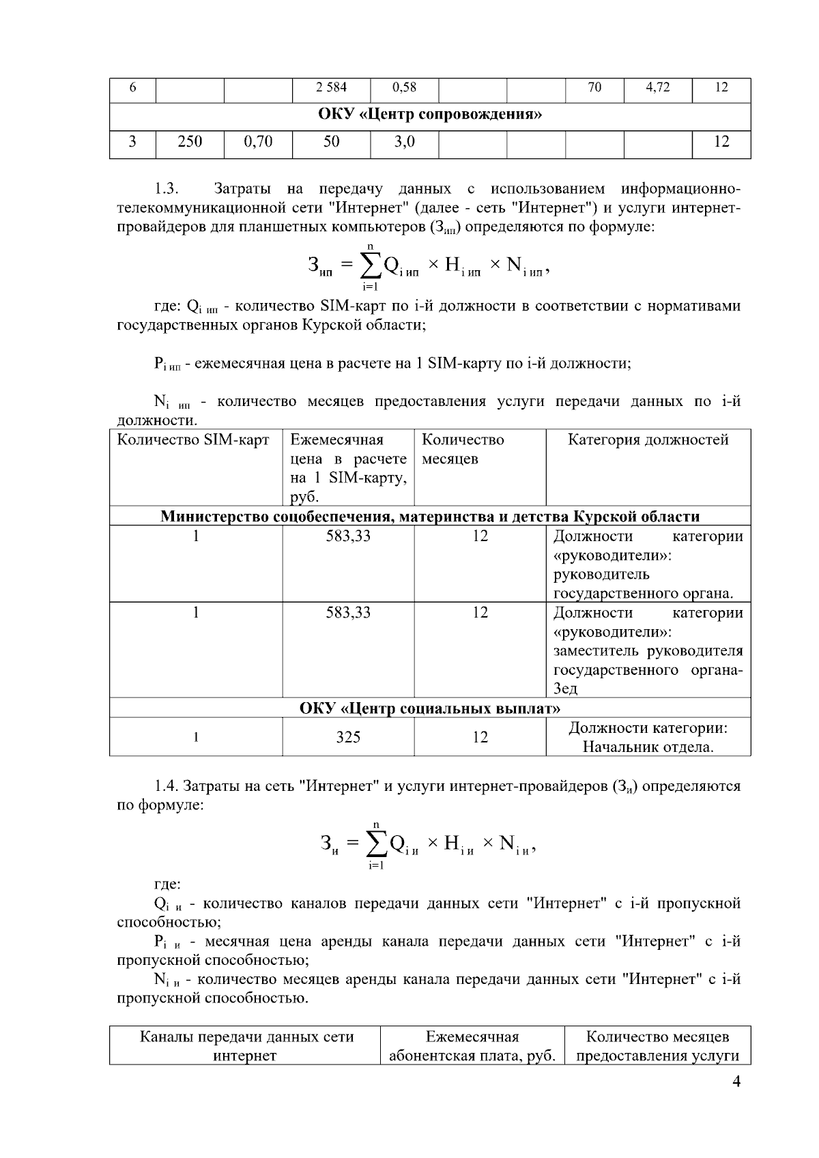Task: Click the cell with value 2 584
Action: (331, 87)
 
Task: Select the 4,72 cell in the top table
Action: (657, 87)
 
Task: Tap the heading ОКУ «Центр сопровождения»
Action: (430, 114)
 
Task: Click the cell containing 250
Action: (190, 141)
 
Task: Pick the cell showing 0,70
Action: (258, 141)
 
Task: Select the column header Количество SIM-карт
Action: (193, 440)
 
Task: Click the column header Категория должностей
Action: (648, 440)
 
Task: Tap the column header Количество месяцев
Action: (463, 449)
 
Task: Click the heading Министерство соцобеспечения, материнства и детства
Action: (430, 517)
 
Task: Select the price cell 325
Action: (348, 738)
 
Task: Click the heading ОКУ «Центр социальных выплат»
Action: (430, 709)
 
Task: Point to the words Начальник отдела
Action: (648, 747)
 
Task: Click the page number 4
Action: (736, 1082)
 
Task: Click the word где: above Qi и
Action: (168, 884)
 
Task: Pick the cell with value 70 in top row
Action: (594, 87)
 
